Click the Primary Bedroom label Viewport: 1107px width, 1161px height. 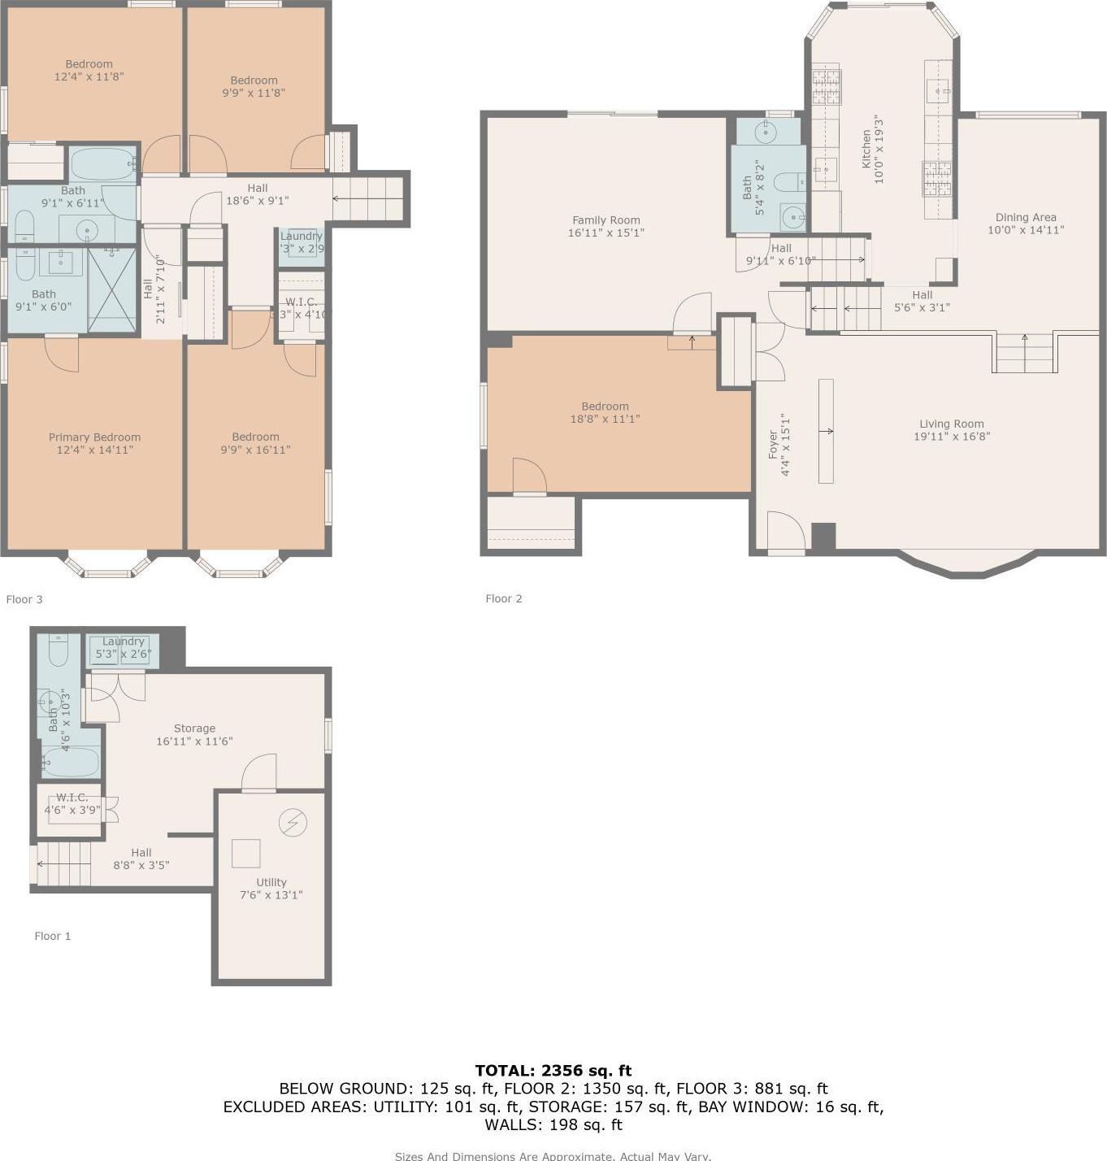tap(94, 437)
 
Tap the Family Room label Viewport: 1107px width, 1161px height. tap(606, 220)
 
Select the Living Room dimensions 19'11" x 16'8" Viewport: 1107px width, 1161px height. tap(951, 437)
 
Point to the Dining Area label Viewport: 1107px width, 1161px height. tap(1026, 217)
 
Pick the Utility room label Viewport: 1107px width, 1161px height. tap(271, 882)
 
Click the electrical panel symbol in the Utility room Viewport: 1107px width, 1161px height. tap(293, 823)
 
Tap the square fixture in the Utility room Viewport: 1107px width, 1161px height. tap(245, 853)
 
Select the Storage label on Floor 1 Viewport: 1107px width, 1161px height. tap(194, 728)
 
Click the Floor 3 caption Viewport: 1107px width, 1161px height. tap(24, 599)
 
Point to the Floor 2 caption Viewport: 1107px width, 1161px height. tap(503, 598)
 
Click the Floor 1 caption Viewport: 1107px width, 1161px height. tap(52, 936)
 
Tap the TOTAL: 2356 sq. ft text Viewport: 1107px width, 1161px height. tap(553, 1071)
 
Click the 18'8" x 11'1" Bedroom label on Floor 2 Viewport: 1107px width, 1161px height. tap(605, 407)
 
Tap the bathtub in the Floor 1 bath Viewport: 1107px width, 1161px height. tap(71, 763)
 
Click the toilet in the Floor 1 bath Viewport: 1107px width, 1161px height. tap(59, 651)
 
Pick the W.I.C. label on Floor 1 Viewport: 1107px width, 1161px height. tap(72, 798)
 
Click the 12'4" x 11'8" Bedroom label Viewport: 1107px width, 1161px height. tap(89, 64)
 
